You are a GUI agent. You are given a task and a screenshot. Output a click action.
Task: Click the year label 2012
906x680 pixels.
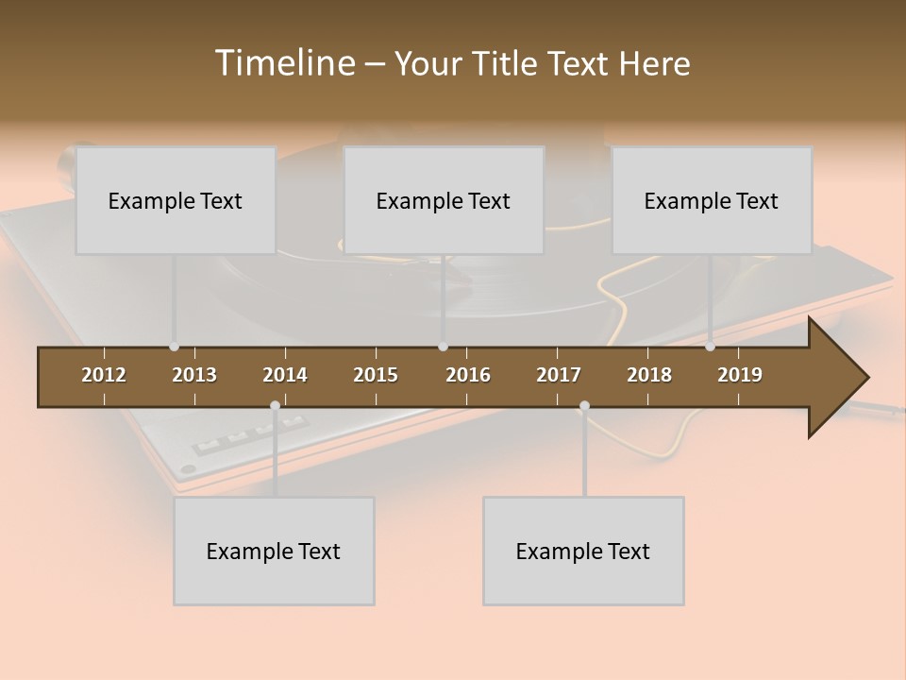tap(104, 375)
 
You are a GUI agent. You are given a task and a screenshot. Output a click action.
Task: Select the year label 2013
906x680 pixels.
tap(194, 375)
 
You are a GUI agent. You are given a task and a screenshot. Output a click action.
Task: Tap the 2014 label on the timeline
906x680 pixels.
tap(285, 375)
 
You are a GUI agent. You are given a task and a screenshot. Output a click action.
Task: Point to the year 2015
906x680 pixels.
tap(376, 375)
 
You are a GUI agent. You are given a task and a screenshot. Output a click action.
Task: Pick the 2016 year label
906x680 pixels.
tap(468, 375)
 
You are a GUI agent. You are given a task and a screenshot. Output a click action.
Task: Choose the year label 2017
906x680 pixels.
tap(559, 375)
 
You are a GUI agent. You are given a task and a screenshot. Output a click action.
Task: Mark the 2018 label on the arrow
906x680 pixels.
tap(649, 375)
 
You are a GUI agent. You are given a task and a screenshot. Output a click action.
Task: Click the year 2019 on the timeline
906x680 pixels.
tap(740, 375)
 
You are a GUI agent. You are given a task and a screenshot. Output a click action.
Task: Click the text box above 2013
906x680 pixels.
tap(176, 200)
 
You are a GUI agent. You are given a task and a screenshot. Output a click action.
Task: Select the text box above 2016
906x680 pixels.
tap(444, 200)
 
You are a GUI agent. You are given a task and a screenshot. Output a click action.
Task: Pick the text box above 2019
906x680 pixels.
tap(712, 200)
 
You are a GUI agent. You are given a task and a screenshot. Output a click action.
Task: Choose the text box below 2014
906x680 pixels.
tap(274, 551)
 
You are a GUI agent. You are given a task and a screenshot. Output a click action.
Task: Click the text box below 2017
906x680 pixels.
tap(583, 551)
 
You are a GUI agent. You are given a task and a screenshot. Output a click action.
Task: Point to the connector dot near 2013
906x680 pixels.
tap(174, 347)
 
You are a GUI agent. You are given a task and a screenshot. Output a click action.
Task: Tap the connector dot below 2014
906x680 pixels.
tap(275, 406)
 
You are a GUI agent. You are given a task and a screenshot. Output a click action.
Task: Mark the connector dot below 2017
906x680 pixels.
tap(584, 406)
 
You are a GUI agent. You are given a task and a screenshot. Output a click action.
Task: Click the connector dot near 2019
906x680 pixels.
tap(710, 347)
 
